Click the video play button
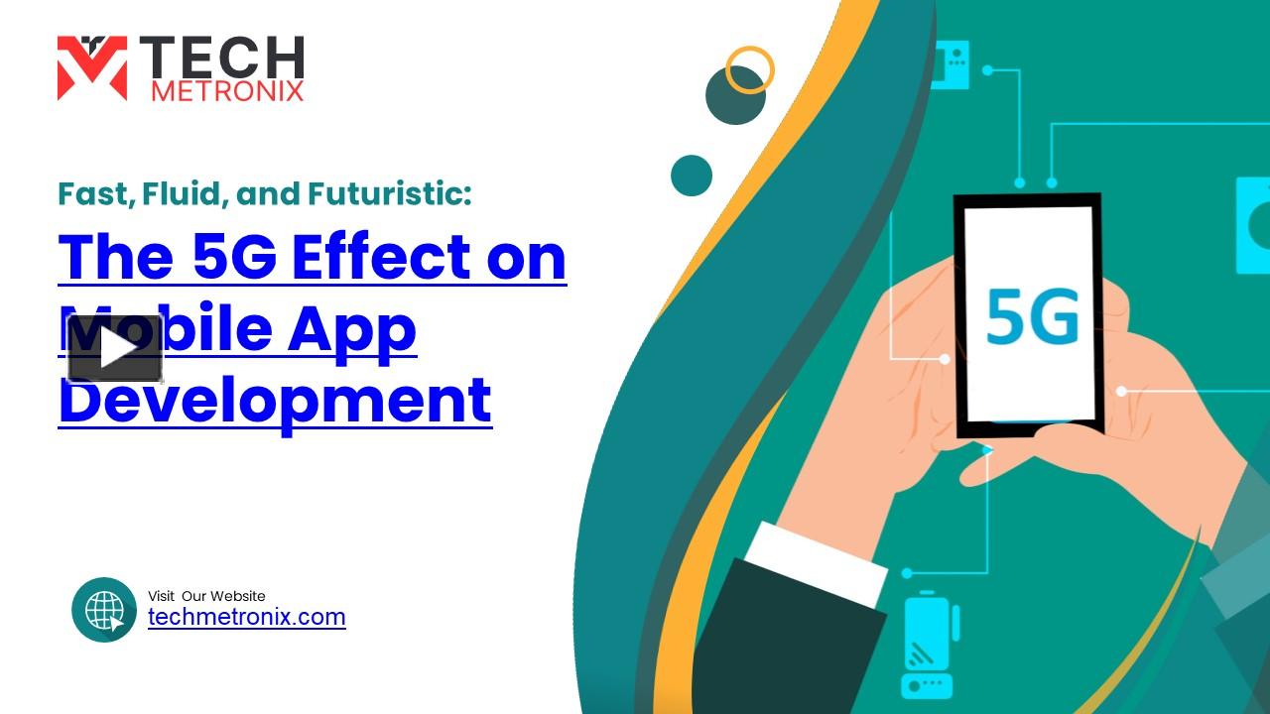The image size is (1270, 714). (115, 348)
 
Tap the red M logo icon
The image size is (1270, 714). (91, 68)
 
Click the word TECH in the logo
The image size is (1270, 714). (221, 59)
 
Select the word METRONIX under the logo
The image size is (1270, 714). (227, 91)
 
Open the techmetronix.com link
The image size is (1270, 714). (246, 617)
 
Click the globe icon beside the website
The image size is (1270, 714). (104, 610)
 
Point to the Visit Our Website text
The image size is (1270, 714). (206, 596)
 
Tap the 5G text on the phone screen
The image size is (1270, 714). (1032, 316)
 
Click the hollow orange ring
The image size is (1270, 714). (749, 70)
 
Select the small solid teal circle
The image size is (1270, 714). (692, 176)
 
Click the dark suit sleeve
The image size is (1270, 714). (784, 645)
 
